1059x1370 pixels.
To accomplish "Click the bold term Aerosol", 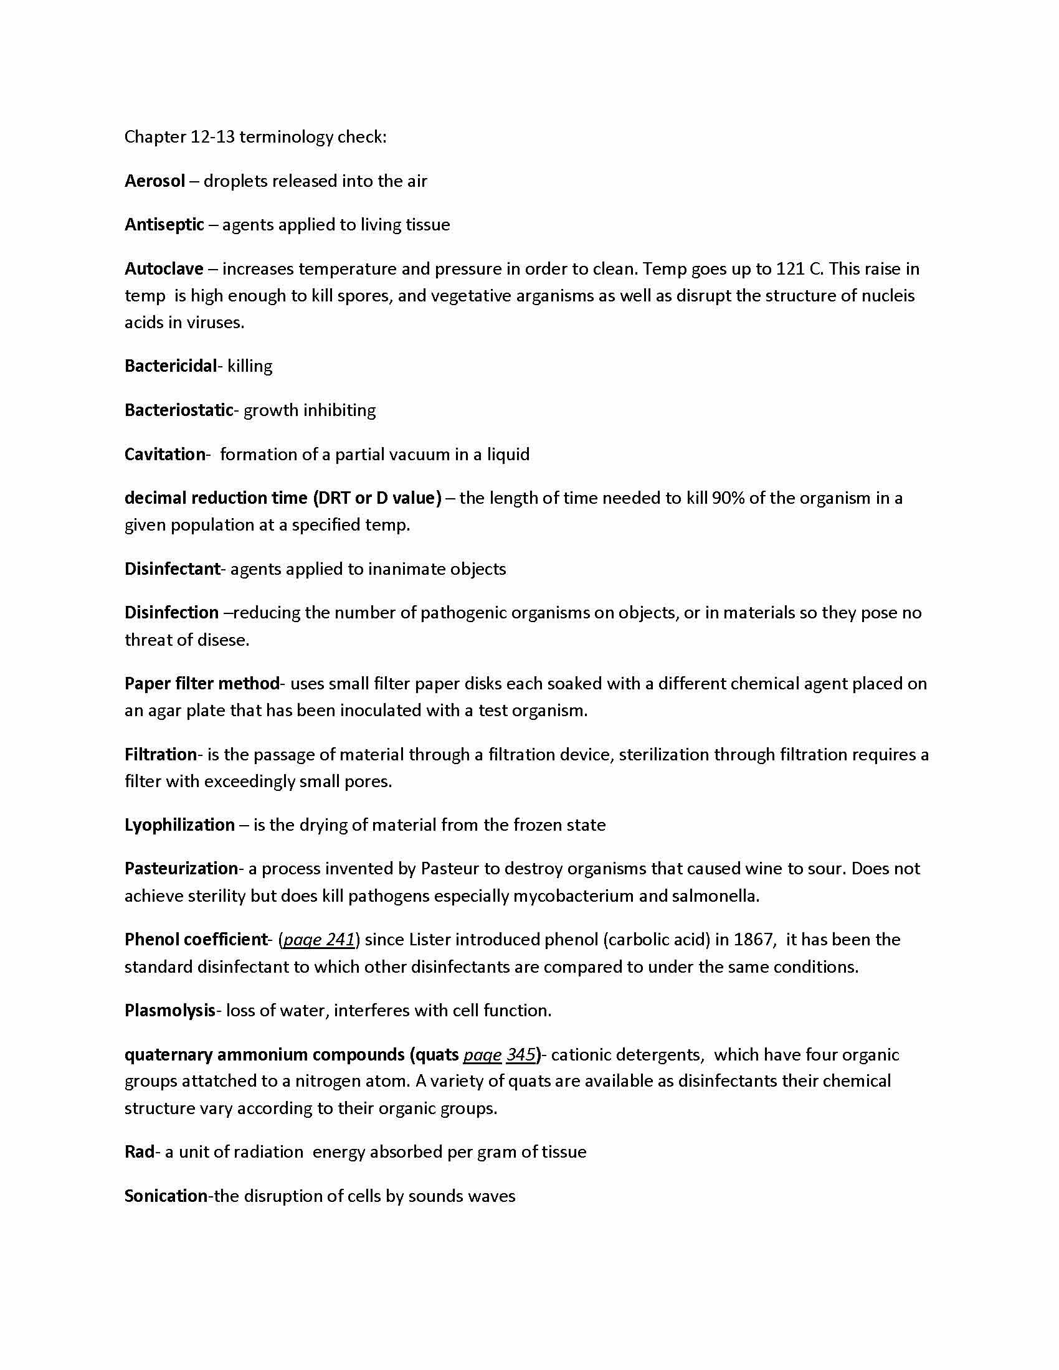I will [154, 181].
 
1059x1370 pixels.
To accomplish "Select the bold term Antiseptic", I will [164, 225].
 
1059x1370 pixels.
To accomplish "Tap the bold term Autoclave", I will [164, 269].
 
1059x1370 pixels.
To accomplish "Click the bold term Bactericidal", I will [170, 366].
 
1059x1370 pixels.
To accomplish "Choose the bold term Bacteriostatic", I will [179, 410].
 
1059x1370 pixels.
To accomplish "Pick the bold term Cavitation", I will [164, 454].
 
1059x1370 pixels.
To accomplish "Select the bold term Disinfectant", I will [172, 569].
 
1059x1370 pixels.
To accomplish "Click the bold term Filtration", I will [161, 754].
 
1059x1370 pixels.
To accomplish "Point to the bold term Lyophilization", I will [179, 825].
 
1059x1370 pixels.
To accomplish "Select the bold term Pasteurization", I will [181, 869].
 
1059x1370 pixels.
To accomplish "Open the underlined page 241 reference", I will [320, 940].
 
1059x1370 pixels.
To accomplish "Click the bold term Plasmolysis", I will [169, 1011].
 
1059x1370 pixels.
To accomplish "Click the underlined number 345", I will [521, 1054].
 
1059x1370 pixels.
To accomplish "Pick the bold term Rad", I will [139, 1151].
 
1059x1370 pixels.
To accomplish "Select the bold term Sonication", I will [166, 1196].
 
